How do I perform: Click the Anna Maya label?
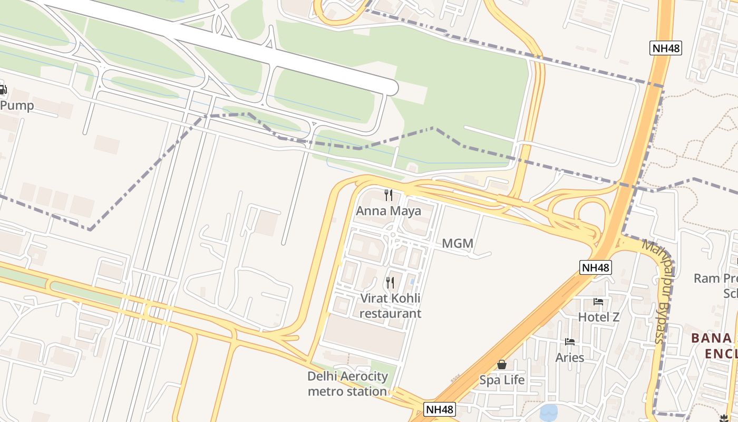(x=389, y=211)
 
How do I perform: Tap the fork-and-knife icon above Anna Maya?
(x=389, y=195)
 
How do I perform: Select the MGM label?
(x=457, y=244)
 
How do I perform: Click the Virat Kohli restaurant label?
(x=390, y=306)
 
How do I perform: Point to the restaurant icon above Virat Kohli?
(x=390, y=283)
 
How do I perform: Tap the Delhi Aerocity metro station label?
(x=347, y=384)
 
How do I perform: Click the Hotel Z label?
(x=598, y=317)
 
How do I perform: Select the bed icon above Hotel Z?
(x=598, y=302)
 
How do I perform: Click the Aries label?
(x=570, y=357)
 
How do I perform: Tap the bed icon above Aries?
(x=570, y=342)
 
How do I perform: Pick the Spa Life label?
(x=502, y=380)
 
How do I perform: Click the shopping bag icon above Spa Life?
(x=502, y=365)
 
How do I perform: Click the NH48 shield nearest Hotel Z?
(x=596, y=267)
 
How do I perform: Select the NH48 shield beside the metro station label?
(x=440, y=409)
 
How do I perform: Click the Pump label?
(x=17, y=105)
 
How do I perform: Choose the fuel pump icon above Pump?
(x=3, y=90)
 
